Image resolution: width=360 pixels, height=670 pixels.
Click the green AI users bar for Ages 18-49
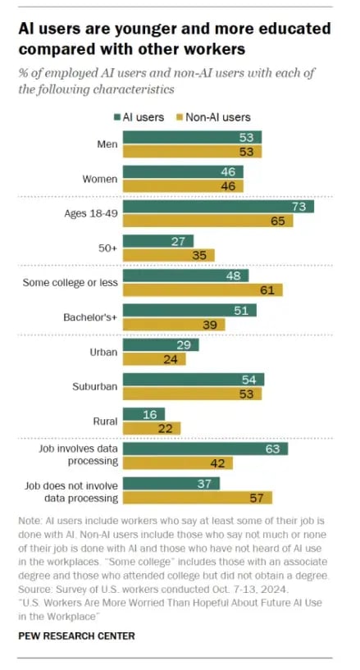217,207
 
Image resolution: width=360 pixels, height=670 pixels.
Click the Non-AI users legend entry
216,117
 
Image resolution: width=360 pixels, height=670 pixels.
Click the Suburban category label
96,385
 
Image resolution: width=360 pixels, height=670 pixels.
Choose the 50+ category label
107,248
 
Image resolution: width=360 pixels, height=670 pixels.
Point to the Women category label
100,179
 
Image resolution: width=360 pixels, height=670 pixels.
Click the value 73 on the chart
298,207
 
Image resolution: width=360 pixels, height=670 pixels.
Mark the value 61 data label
267,289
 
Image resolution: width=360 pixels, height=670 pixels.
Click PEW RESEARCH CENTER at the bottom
77,636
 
